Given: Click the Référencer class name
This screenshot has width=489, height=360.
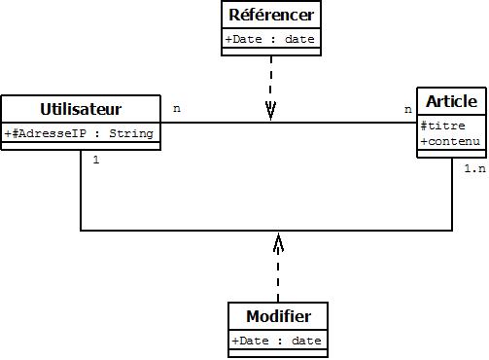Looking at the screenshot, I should coord(270,16).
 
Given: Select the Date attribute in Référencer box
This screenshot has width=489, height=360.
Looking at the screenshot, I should coord(270,40).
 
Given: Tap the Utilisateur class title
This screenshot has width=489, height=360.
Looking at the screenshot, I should coord(81,108).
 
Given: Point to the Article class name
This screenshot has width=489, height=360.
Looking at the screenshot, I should coord(451,101).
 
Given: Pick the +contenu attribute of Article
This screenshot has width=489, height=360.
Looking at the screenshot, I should coord(450,142).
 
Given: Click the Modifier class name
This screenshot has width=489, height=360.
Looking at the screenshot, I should coord(278,317).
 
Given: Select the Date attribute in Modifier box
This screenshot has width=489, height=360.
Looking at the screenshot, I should coord(277,341).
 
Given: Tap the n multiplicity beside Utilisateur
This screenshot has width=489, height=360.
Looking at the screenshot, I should coord(176,108).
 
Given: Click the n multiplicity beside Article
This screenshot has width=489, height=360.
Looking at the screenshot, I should coord(407,109).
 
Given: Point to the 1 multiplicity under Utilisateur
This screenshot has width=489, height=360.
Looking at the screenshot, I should coord(95,160).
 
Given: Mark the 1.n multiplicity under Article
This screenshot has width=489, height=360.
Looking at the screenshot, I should coord(473,168).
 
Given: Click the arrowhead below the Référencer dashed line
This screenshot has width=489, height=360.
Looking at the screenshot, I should coord(270,114).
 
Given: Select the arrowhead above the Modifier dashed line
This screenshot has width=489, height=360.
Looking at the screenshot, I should coord(278,240).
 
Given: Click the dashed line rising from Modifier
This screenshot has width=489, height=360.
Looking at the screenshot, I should coord(278,277).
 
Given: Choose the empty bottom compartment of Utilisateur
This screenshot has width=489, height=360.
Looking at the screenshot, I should coord(81,146).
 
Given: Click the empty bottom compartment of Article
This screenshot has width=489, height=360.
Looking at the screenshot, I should coord(451,154).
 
